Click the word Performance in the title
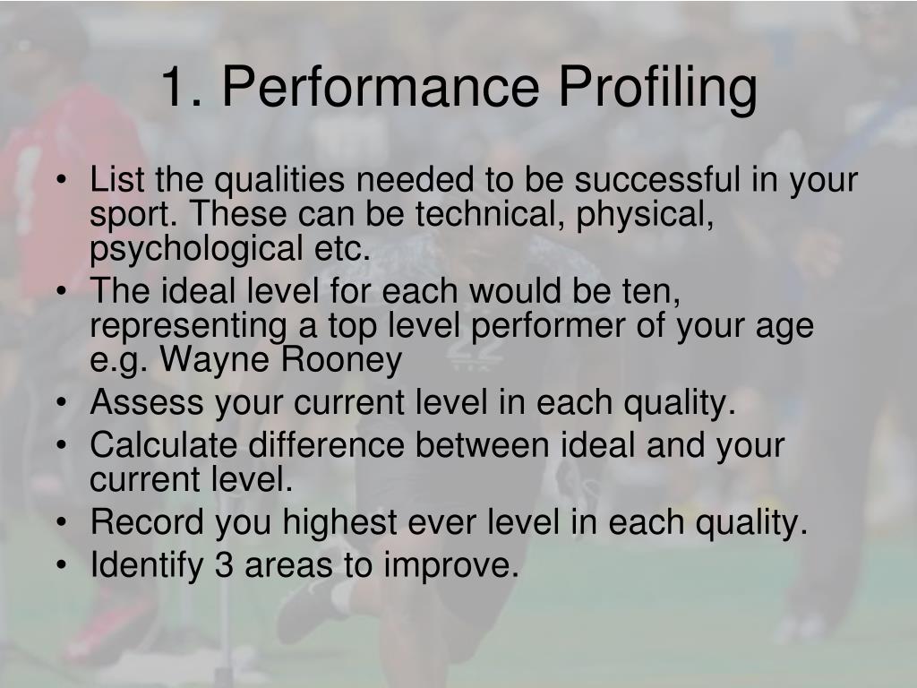[380, 88]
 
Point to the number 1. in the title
[183, 88]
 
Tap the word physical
[646, 216]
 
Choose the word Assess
[146, 403]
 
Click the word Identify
[145, 565]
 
